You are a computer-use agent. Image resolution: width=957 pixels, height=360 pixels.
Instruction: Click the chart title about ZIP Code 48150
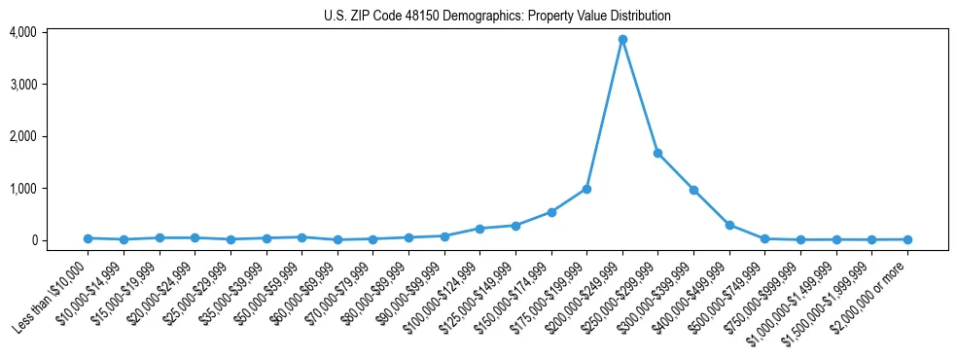[497, 17]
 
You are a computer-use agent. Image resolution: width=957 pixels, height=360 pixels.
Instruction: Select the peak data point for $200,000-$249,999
[622, 40]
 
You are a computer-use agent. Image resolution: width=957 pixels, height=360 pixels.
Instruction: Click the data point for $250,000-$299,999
[658, 153]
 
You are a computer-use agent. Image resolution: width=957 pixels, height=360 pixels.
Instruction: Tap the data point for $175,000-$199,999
[586, 189]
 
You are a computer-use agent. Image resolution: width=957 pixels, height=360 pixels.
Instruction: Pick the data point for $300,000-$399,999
[693, 190]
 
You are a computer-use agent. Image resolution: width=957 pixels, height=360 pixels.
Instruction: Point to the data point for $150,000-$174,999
[551, 212]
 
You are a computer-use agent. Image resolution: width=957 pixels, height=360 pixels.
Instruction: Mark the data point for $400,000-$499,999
[729, 225]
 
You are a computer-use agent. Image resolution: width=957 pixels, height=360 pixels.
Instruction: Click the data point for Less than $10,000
[88, 238]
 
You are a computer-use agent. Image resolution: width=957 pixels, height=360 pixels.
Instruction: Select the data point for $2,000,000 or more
[907, 239]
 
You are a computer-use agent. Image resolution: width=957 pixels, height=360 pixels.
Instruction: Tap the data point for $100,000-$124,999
[479, 229]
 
